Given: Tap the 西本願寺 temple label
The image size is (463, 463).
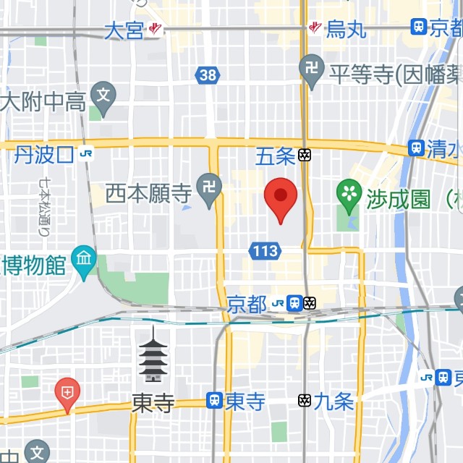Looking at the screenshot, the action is click(x=148, y=193).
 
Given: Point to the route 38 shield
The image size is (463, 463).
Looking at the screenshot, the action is click(x=207, y=75).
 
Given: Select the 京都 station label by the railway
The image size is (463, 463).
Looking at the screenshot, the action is click(x=246, y=305).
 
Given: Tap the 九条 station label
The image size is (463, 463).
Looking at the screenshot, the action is click(x=334, y=401).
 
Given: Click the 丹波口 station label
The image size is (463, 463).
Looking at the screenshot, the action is click(x=44, y=154).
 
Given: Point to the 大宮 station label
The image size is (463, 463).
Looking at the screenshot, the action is click(x=124, y=30).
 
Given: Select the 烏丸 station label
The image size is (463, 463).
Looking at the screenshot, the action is click(x=346, y=29).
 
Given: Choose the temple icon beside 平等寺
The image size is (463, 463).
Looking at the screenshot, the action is click(x=312, y=70).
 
